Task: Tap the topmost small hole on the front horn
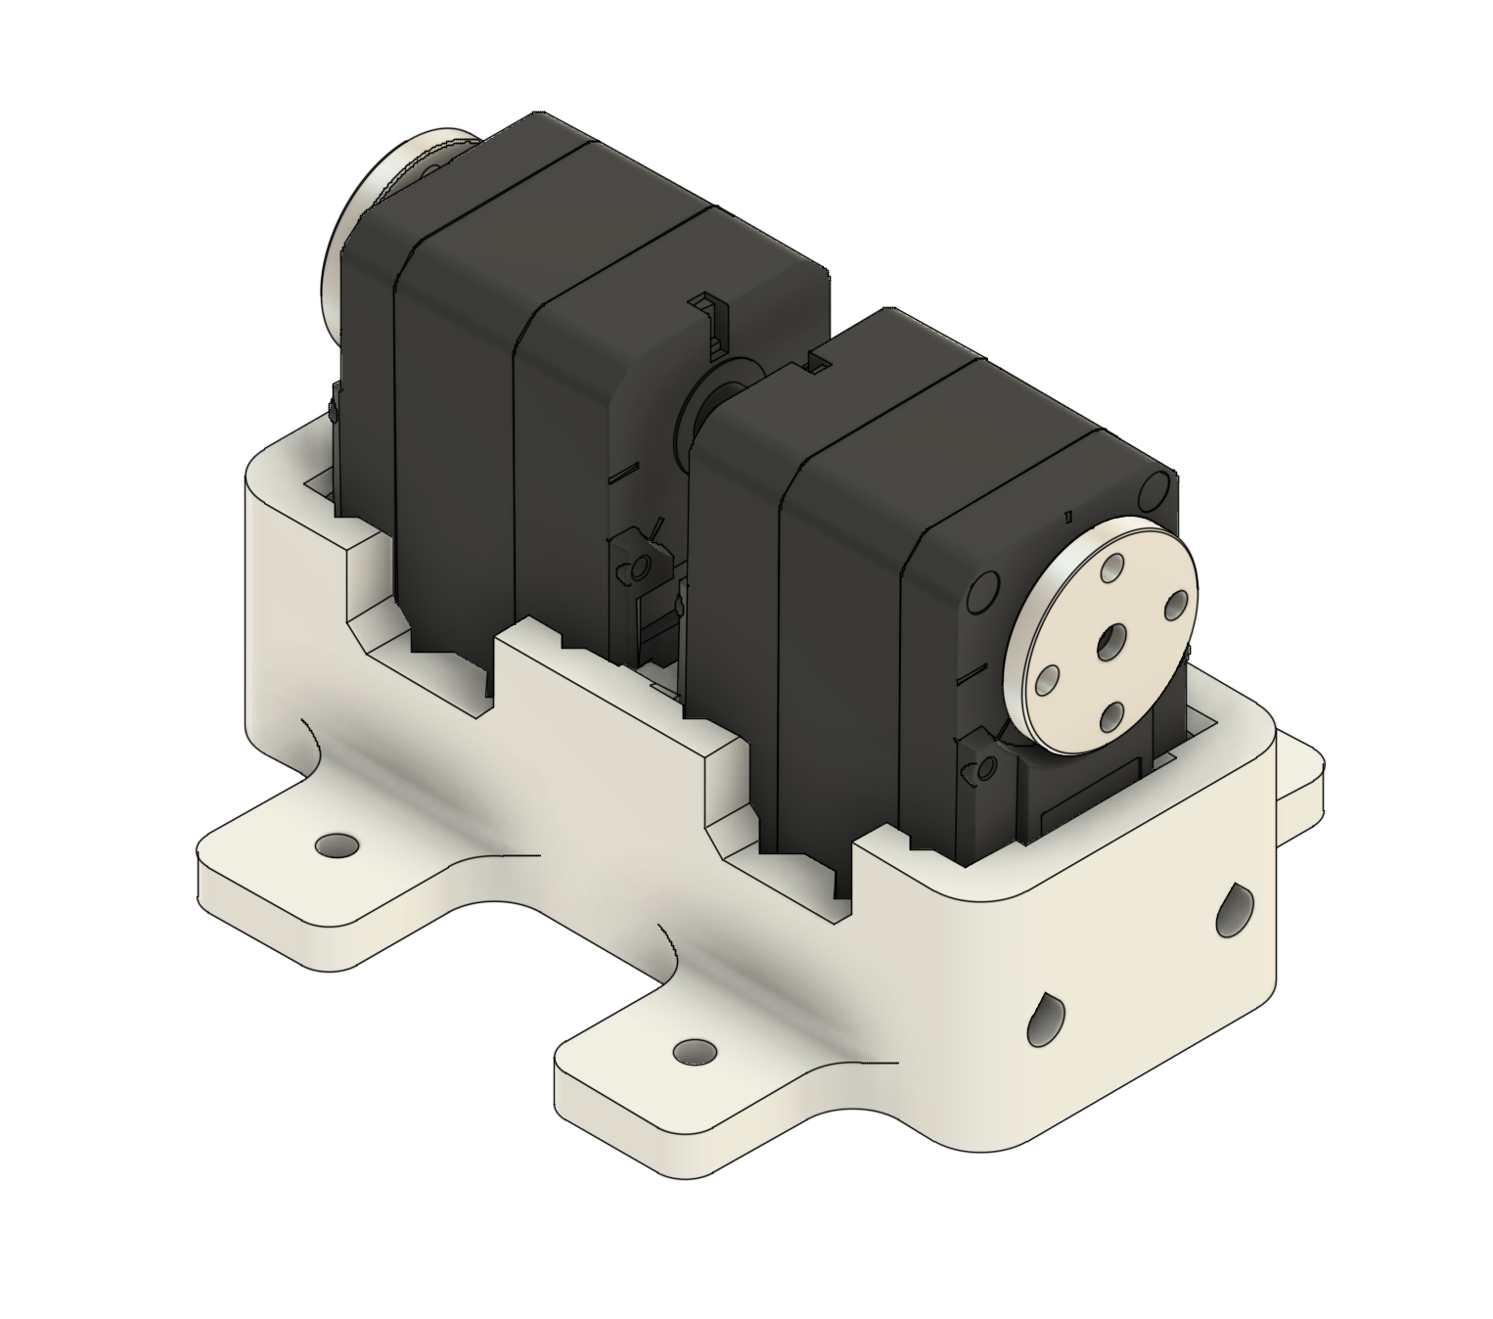1112,567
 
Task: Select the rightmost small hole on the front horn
1178,604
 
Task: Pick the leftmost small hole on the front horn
1048,678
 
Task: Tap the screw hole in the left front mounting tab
337,843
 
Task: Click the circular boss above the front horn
1158,488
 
